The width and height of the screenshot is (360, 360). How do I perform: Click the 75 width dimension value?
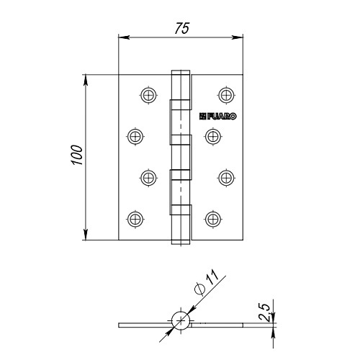[x=181, y=28]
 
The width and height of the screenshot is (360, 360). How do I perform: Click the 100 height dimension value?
[x=77, y=155]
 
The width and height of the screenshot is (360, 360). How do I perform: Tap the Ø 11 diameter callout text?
[x=207, y=282]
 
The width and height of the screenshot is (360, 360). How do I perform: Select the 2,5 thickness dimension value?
[x=265, y=312]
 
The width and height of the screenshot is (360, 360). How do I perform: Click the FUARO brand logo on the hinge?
[x=217, y=117]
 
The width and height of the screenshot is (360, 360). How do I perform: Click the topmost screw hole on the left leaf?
[x=148, y=95]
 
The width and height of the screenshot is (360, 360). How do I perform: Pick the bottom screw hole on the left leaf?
[x=135, y=219]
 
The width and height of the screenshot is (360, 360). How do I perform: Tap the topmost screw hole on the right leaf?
[x=226, y=95]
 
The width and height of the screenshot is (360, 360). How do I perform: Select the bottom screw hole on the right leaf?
[x=213, y=219]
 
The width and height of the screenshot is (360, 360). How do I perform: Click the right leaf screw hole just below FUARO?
[x=213, y=136]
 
